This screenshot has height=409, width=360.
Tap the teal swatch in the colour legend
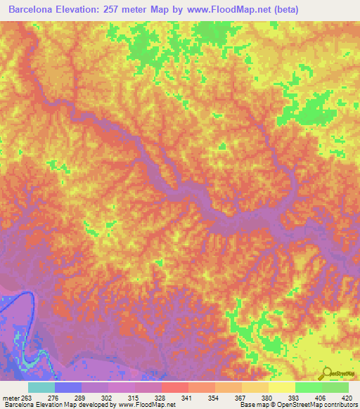(x=41, y=387)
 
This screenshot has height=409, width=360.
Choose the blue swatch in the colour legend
(x=68, y=387)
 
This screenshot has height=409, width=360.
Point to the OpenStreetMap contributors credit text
(x=316, y=405)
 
